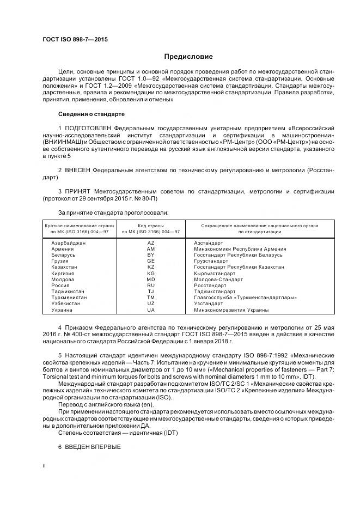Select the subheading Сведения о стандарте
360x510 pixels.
tap(91, 114)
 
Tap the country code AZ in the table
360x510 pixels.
tap(151, 242)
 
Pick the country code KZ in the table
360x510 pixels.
tap(151, 267)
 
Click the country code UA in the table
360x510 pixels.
tap(151, 309)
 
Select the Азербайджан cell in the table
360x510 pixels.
tap(68, 242)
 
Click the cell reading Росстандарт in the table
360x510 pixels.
tap(210, 286)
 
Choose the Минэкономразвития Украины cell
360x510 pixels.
tap(231, 309)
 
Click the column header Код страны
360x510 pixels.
tap(151, 225)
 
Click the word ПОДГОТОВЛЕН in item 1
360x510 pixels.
tap(90, 127)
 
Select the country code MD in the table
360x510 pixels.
tap(151, 279)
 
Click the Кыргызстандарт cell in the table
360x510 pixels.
tap(214, 273)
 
